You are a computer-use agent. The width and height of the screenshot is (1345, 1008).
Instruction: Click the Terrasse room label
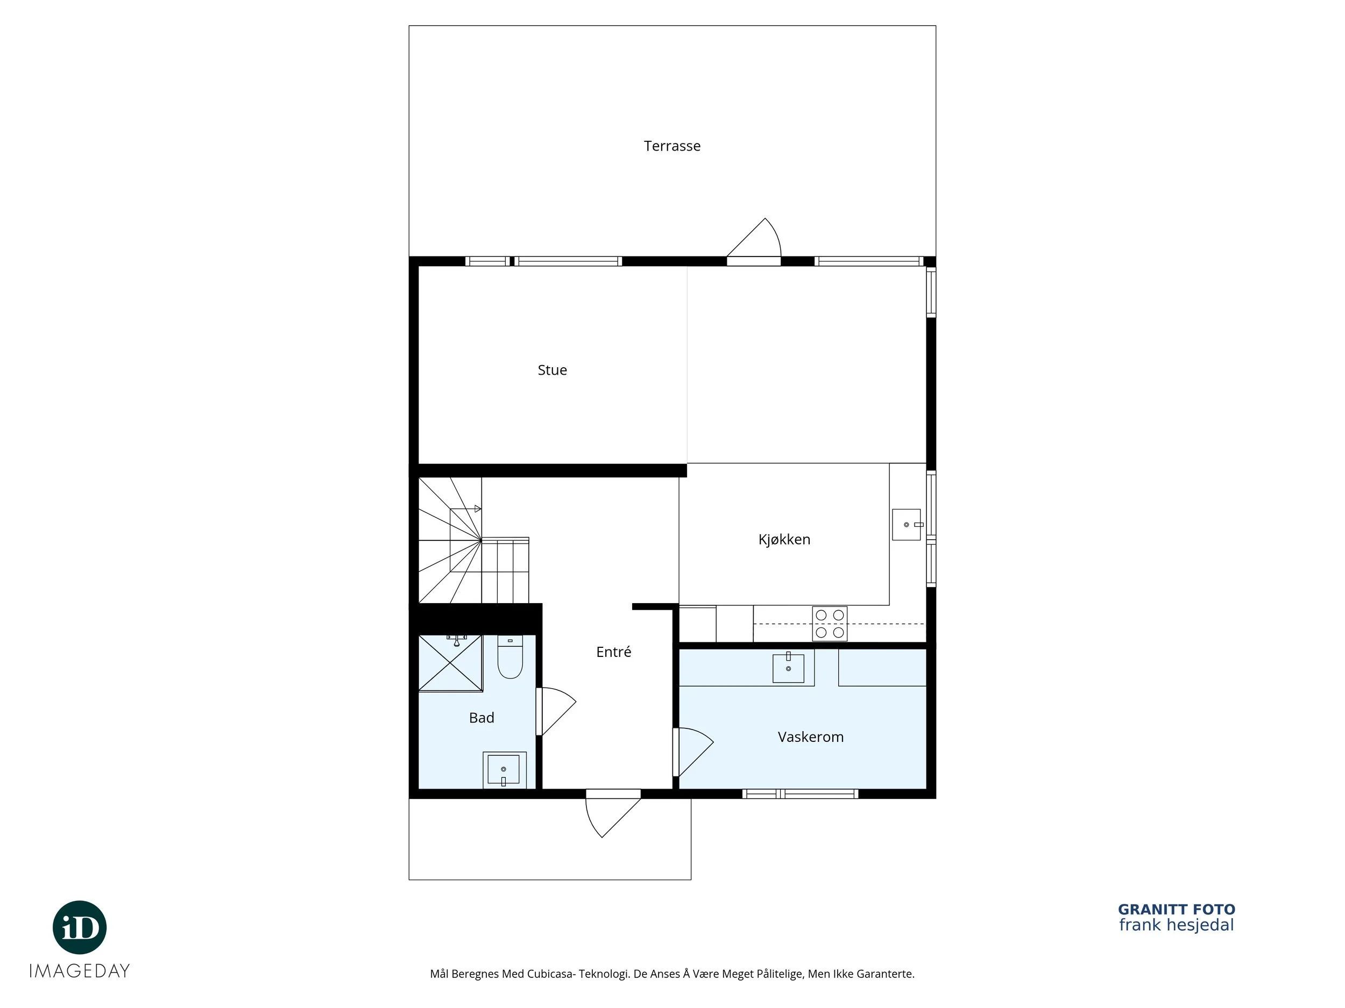click(x=672, y=146)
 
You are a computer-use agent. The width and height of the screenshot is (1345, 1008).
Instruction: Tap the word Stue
click(x=552, y=370)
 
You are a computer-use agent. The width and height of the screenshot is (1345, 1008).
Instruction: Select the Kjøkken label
click(x=784, y=540)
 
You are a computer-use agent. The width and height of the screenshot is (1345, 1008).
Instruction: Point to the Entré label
click(x=613, y=652)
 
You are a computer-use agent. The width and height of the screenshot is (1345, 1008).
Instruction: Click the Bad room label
click(x=482, y=718)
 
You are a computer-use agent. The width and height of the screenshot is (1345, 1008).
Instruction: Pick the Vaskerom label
click(x=811, y=737)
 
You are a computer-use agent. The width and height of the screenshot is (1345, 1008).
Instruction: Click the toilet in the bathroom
click(x=510, y=657)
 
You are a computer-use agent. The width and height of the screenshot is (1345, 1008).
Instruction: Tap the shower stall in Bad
click(x=450, y=663)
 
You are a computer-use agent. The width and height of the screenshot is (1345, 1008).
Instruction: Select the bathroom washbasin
click(x=504, y=770)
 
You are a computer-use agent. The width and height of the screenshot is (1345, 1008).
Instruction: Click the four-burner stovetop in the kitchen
click(x=830, y=624)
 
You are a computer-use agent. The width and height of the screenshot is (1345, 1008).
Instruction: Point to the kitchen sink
click(x=907, y=524)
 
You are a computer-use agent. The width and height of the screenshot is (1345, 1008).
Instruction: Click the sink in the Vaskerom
click(x=788, y=668)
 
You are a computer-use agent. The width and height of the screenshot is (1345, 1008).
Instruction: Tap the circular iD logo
click(x=80, y=927)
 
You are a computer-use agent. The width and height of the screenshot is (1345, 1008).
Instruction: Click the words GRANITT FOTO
click(x=1177, y=910)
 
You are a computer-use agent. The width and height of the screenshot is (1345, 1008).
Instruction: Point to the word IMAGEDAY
click(x=80, y=971)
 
